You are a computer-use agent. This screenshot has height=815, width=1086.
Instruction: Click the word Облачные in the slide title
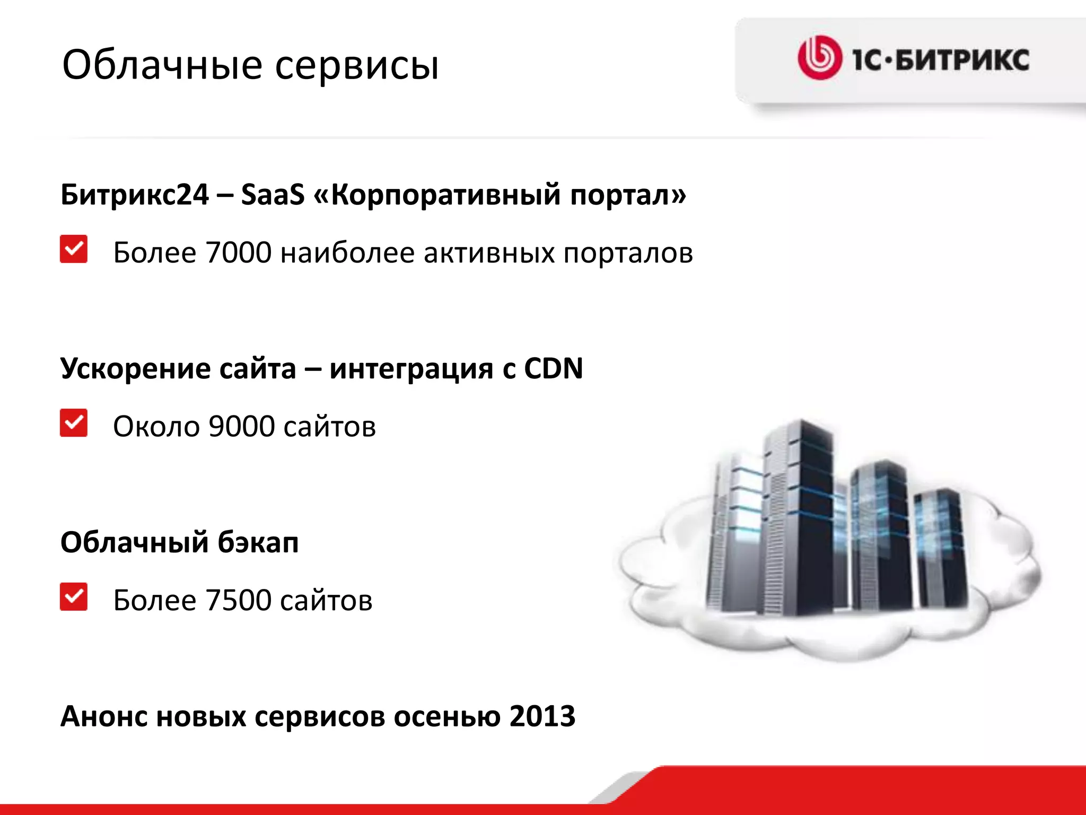162,65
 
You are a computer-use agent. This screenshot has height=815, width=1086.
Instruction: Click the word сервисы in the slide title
357,66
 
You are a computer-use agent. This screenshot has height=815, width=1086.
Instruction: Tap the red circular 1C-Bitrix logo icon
819,58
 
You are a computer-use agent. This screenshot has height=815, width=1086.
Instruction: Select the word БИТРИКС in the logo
962,59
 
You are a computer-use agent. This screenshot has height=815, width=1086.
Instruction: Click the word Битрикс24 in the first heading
135,194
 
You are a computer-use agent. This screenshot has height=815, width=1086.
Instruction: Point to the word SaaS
273,194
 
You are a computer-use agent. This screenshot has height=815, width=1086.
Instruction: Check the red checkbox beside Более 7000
74,249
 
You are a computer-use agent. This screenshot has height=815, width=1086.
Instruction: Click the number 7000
239,253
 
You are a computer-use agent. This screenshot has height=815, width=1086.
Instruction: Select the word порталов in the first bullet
628,254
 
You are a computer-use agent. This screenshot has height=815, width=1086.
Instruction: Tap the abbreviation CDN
553,368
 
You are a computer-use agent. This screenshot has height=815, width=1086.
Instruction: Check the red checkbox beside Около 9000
74,423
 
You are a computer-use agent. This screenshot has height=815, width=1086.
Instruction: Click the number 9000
242,427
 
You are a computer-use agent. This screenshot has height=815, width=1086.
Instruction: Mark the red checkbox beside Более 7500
74,597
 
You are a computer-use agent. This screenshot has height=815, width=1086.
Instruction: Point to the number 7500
239,601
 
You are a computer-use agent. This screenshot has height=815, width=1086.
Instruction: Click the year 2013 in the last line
542,716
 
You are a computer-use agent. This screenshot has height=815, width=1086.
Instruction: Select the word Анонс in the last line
104,716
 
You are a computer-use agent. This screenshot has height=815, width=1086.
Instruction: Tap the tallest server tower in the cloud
801,515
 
